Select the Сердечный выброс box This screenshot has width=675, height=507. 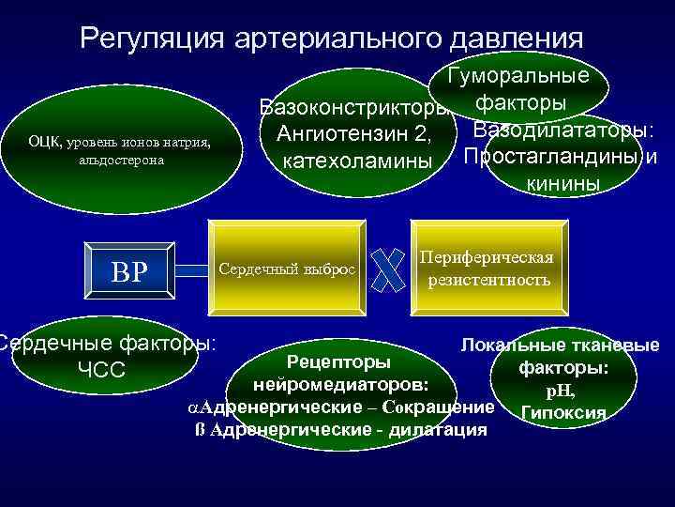[287, 269]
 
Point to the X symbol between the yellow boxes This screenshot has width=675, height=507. [387, 269]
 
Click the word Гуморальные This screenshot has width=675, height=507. [517, 76]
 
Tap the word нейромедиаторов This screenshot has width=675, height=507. [339, 385]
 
